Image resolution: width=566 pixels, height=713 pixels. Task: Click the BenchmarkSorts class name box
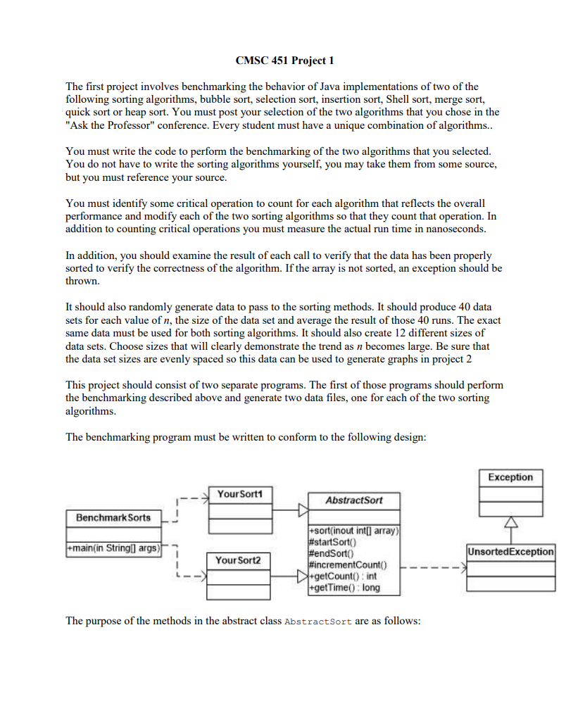[113, 517]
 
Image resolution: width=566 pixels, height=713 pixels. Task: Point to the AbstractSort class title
[354, 500]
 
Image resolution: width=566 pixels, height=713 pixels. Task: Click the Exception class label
[510, 477]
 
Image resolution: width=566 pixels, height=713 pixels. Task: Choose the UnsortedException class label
[510, 551]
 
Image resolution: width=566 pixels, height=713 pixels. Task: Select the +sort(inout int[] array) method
[354, 530]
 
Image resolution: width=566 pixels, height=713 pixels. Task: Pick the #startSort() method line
[334, 541]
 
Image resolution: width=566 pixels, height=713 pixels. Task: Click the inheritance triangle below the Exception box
[510, 522]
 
